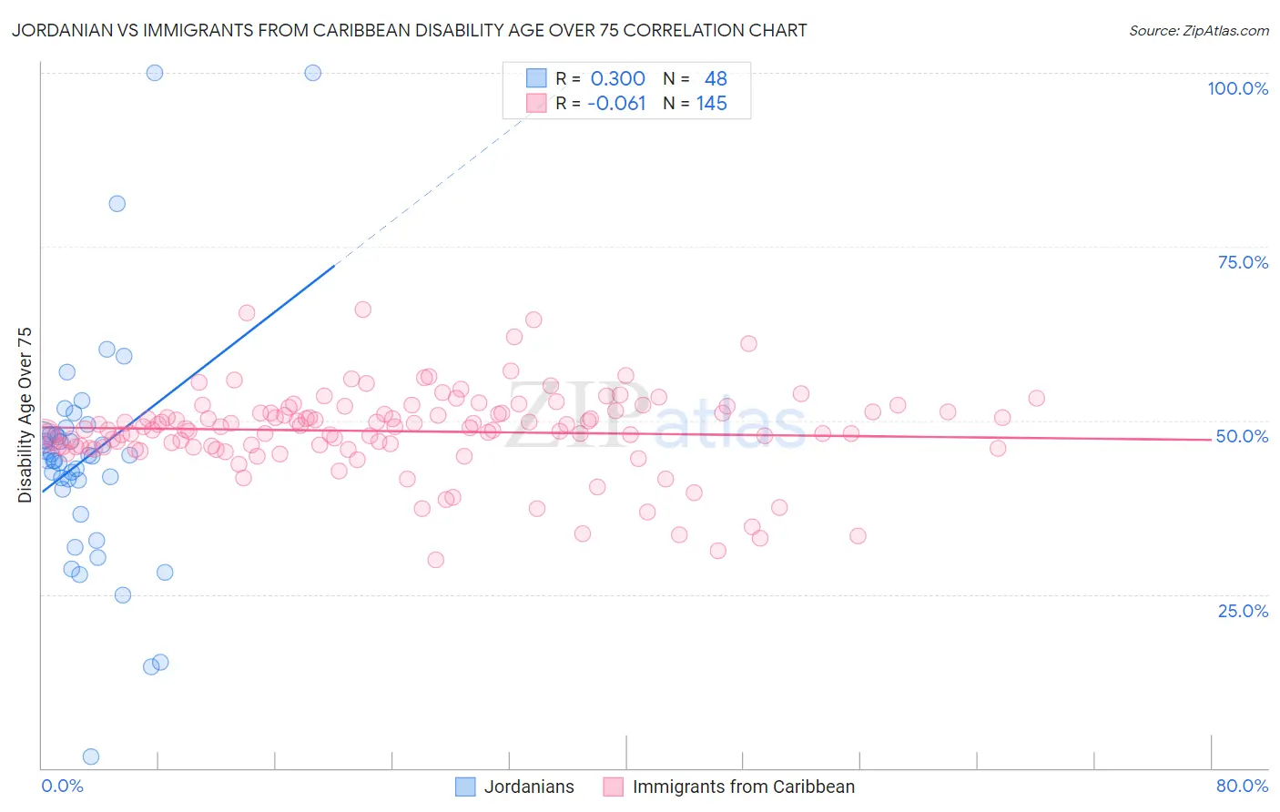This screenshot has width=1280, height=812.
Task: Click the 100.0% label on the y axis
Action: coord(1237,88)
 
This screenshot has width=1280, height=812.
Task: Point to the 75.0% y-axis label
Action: coord(1243,262)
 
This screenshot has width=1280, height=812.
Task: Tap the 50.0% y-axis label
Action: coord(1242,436)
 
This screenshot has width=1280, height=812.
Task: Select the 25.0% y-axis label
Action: coord(1243,611)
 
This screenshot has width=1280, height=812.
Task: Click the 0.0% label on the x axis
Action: coord(62,786)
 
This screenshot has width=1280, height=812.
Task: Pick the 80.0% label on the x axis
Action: coord(1242,786)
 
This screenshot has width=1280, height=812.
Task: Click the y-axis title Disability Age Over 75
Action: coord(25,414)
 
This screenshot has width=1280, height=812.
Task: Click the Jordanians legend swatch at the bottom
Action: coord(465,787)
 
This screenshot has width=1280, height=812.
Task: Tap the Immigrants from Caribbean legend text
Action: coord(744,787)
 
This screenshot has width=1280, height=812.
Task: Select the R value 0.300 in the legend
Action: coord(617,79)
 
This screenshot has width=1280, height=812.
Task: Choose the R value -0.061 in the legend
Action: coord(616,104)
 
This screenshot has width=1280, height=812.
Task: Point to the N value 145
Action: coord(711,104)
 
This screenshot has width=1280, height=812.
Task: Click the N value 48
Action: coord(716,79)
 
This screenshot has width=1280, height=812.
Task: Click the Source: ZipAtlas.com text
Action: coord(1198,31)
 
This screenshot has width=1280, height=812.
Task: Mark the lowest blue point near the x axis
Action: coord(91,756)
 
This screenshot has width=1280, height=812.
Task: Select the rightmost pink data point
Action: coord(1036,398)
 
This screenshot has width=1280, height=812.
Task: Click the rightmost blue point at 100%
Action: coord(312,73)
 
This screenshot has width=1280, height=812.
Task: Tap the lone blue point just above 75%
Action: coord(117,204)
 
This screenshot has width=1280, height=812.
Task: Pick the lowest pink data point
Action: coord(435,560)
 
